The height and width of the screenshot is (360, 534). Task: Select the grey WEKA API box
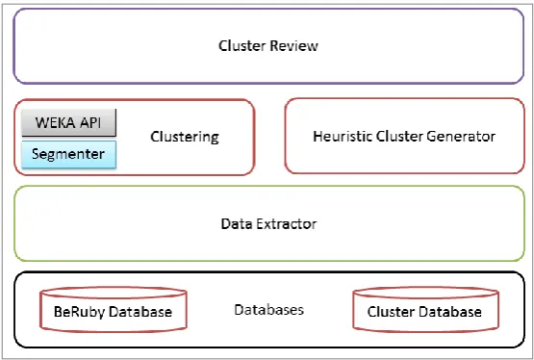[x=68, y=122]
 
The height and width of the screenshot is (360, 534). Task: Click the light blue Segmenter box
[x=68, y=154]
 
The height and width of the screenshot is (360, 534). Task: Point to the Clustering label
[x=185, y=137]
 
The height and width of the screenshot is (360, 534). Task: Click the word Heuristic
[x=343, y=137]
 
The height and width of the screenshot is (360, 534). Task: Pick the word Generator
[x=461, y=137]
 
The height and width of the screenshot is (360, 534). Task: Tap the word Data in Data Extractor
[x=237, y=223]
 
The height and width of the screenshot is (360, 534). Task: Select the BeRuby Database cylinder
[x=114, y=309]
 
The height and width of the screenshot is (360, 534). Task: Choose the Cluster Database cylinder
[x=425, y=309]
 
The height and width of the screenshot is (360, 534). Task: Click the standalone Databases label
[x=269, y=310]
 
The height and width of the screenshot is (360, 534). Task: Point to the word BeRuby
[x=79, y=312]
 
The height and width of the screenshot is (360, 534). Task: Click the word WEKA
[x=54, y=122]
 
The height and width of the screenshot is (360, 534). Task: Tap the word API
[x=89, y=122]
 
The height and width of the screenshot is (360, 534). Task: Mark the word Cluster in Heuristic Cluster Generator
[x=398, y=137]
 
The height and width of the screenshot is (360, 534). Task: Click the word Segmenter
[x=68, y=154]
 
